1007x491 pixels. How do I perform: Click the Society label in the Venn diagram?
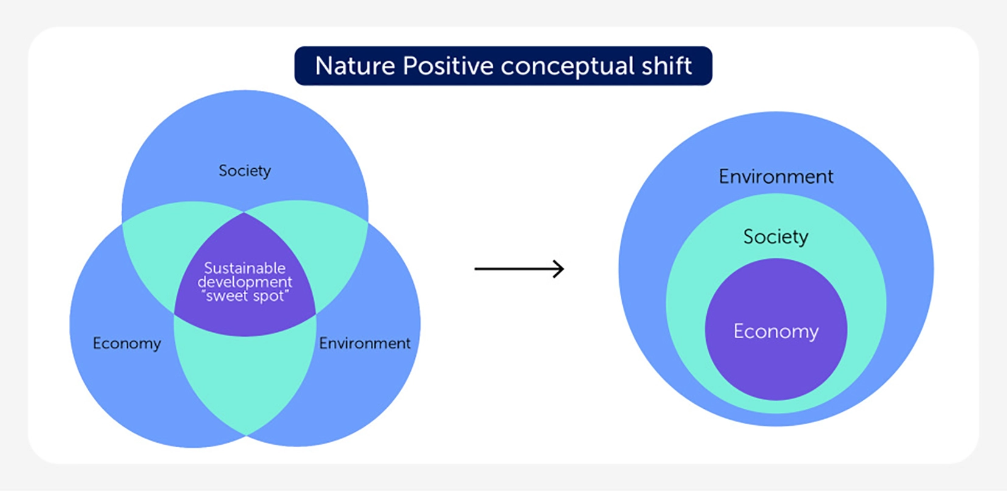click(245, 171)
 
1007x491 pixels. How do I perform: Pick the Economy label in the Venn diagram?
click(127, 344)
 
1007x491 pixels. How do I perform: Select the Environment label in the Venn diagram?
click(365, 344)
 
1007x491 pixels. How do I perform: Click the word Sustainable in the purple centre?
click(245, 268)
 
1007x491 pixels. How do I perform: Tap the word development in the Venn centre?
click(245, 282)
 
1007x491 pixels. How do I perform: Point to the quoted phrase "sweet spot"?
click(245, 296)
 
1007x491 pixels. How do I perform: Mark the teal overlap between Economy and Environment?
click(245, 378)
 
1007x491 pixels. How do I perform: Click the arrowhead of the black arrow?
click(559, 269)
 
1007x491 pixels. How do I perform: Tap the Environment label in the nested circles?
click(776, 177)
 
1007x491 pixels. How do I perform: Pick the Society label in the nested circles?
click(776, 236)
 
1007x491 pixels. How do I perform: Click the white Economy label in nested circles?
click(776, 331)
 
